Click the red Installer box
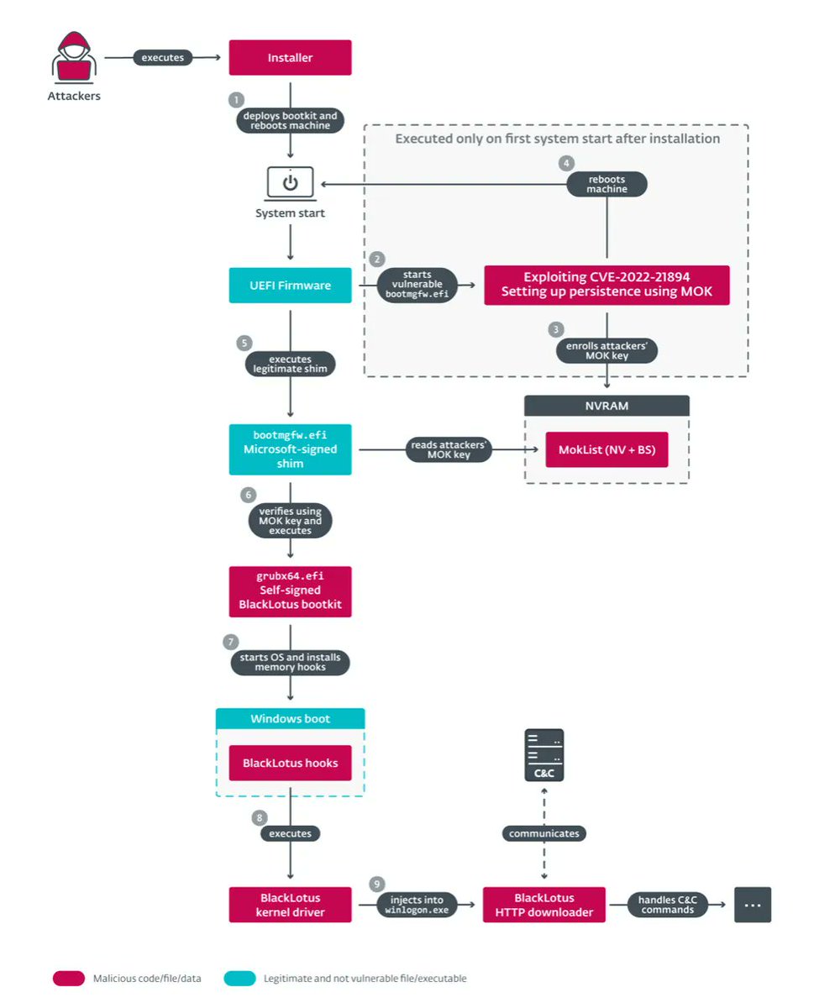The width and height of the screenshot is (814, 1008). coord(290,58)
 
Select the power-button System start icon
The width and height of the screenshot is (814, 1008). coord(290,182)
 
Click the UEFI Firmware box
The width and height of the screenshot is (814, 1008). coord(290,286)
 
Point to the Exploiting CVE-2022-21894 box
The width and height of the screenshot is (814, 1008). coord(607,285)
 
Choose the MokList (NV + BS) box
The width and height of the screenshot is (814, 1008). coord(607,449)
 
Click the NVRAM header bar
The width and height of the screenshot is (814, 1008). coord(607,406)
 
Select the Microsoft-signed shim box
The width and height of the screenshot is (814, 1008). coord(290,449)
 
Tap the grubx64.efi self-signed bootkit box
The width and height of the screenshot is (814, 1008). coord(290,591)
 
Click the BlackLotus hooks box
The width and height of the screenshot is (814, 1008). coord(290,763)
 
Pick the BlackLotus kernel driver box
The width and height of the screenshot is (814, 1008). coord(290,904)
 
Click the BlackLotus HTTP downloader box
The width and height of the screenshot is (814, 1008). coord(544,904)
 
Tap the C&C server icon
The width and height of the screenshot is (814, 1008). coord(544,754)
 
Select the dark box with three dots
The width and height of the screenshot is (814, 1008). coord(752,905)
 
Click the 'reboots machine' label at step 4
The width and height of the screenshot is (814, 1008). coord(607,184)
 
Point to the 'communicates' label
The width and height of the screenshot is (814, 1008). coord(544,833)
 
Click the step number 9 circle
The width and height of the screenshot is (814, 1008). coord(377,884)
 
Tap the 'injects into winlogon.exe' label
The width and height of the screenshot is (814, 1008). coord(418,905)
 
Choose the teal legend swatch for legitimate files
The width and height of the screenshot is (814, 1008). coord(239,979)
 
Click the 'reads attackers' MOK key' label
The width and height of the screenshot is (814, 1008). coord(449,449)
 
